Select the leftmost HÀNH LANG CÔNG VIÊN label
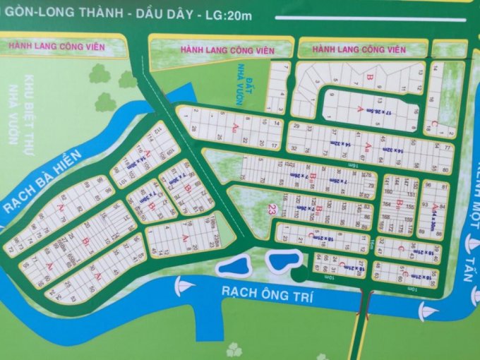[x=57, y=47]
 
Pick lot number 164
[x=388, y=204]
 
